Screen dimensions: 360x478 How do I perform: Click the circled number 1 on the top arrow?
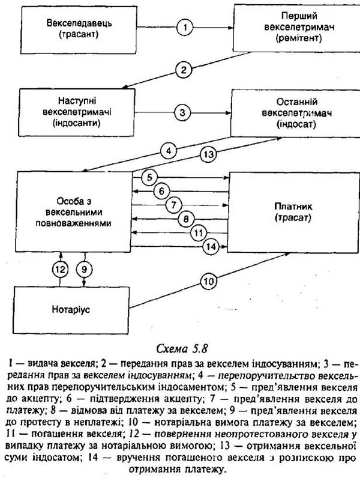tap(185, 28)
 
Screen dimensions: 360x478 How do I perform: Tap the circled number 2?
tap(184, 70)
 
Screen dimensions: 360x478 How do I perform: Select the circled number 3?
tap(182, 112)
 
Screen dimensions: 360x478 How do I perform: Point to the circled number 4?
tap(169, 151)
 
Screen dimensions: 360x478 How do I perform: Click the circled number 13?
tap(209, 154)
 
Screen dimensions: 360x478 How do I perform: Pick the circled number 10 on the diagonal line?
tap(209, 281)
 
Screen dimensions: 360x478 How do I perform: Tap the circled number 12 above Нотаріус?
tap(61, 270)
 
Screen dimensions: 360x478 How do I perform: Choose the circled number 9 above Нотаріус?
tap(84, 270)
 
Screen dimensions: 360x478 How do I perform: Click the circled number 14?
tap(211, 247)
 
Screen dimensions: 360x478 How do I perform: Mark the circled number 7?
tap(174, 205)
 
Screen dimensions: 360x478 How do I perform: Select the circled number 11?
tap(199, 233)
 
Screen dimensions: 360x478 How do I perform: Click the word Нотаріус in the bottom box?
tap(71, 309)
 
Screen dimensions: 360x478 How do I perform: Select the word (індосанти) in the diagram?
tap(77, 124)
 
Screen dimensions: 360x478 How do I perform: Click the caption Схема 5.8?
tap(182, 348)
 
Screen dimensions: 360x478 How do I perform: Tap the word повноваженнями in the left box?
tap(73, 223)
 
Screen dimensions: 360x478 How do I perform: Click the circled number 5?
tap(149, 177)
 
